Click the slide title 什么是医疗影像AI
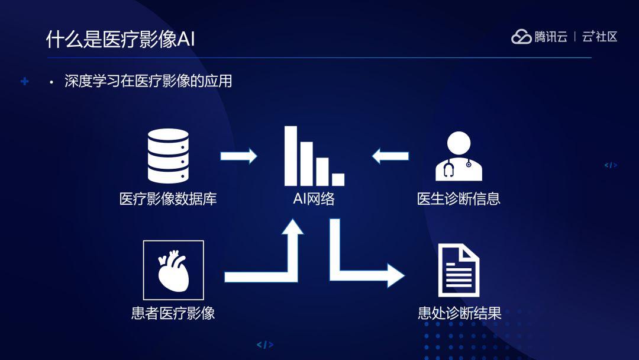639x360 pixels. click(x=120, y=40)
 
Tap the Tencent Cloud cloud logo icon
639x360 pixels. click(x=521, y=37)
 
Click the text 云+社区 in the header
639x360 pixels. click(x=599, y=37)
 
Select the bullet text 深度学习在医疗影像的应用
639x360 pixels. click(x=148, y=81)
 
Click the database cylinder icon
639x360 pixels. click(x=168, y=156)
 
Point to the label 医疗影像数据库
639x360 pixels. click(x=168, y=199)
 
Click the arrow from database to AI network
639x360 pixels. click(x=239, y=156)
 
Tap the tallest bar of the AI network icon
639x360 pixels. click(x=291, y=156)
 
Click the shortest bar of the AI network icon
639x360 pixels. click(x=338, y=179)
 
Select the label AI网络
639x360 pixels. click(x=314, y=199)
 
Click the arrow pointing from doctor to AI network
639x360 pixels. click(x=390, y=156)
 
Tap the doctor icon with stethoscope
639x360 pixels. click(x=459, y=156)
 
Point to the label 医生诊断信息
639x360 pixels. click(x=459, y=199)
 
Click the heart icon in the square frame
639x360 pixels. click(x=173, y=271)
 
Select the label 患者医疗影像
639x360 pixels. click(x=173, y=313)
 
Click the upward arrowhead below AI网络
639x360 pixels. click(x=293, y=227)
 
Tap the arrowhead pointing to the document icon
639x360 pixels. click(x=396, y=275)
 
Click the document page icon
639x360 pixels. click(x=459, y=271)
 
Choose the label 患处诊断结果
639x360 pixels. click(x=459, y=313)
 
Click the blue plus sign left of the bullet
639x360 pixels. click(x=24, y=81)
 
